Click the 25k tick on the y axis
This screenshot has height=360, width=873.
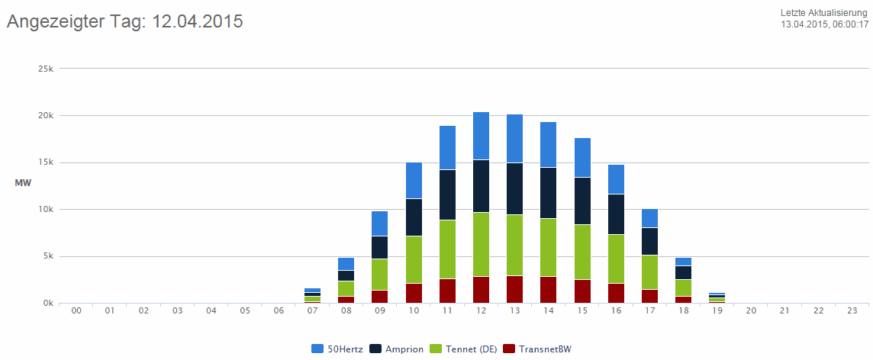pyautogui.click(x=46, y=69)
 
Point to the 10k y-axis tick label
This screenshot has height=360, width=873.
pyautogui.click(x=46, y=209)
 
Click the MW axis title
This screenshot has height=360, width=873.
pyautogui.click(x=22, y=183)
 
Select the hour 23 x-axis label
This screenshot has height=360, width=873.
pyautogui.click(x=852, y=311)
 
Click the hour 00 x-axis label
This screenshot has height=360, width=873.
pyautogui.click(x=76, y=311)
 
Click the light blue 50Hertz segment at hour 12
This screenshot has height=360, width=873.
pyautogui.click(x=482, y=136)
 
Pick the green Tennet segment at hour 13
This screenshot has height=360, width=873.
pyautogui.click(x=515, y=245)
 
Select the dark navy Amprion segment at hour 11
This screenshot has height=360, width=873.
pyautogui.click(x=448, y=194)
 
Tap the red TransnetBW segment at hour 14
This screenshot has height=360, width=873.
pyautogui.click(x=549, y=290)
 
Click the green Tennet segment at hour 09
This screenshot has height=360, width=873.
pyautogui.click(x=380, y=275)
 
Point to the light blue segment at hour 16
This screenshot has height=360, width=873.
pyautogui.click(x=616, y=179)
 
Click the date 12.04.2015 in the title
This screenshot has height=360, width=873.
pyautogui.click(x=198, y=21)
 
